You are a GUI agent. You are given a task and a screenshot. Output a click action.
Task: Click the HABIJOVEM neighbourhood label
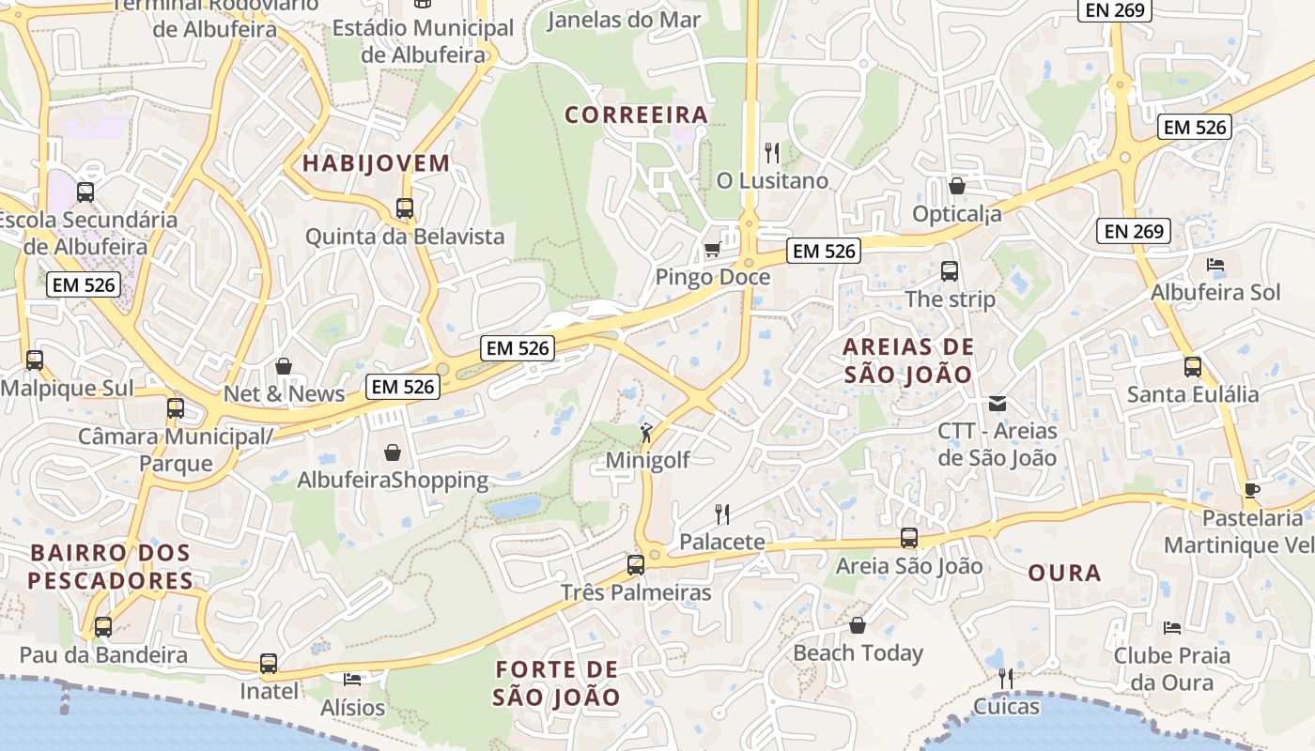point(376,163)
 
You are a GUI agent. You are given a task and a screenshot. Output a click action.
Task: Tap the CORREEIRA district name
point(636,115)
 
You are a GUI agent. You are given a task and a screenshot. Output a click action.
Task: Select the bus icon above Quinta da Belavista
point(405,208)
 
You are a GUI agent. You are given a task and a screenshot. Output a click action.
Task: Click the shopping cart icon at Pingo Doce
point(712,249)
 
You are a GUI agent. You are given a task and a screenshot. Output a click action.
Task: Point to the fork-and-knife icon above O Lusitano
point(772,152)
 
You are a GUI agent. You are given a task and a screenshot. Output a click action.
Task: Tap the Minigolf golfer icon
point(647,433)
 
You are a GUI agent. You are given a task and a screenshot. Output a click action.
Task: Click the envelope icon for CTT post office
point(998,404)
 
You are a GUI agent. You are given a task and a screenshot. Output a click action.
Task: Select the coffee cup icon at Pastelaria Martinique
point(1251,489)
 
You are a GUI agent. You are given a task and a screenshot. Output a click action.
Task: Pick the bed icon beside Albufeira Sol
point(1215,265)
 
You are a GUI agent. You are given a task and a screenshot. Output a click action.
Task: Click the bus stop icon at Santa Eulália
point(1193,367)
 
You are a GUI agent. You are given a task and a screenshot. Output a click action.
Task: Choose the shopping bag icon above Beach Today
point(858,625)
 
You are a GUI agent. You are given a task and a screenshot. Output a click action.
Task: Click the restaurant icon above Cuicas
point(1006,678)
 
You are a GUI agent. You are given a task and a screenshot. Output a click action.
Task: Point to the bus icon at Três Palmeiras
point(636,565)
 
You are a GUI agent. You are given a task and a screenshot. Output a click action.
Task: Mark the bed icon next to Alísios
point(352,679)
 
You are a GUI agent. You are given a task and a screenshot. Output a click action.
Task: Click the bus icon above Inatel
point(269,664)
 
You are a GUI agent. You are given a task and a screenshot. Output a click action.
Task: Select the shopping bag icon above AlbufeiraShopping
point(393,452)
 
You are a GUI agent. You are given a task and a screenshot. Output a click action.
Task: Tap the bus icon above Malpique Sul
point(35,360)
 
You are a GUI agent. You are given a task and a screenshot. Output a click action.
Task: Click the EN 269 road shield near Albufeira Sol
point(1134,231)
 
